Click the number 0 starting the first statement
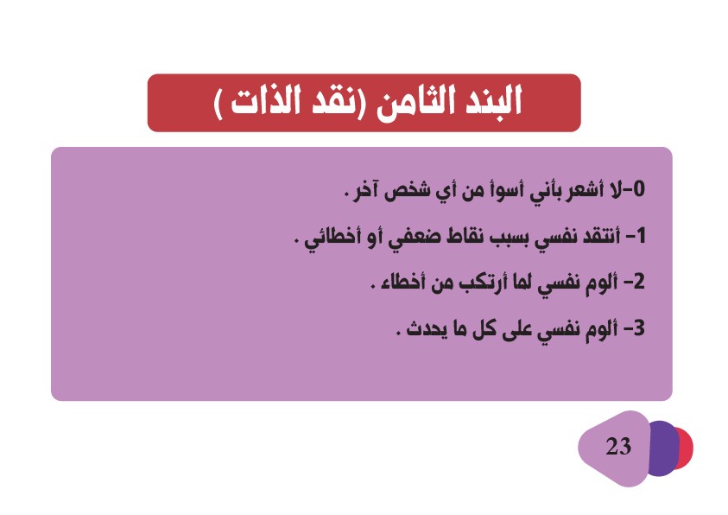(639, 189)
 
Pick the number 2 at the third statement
(639, 282)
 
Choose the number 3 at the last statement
(639, 328)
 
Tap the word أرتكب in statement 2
(482, 283)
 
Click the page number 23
(618, 446)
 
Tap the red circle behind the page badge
(684, 448)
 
